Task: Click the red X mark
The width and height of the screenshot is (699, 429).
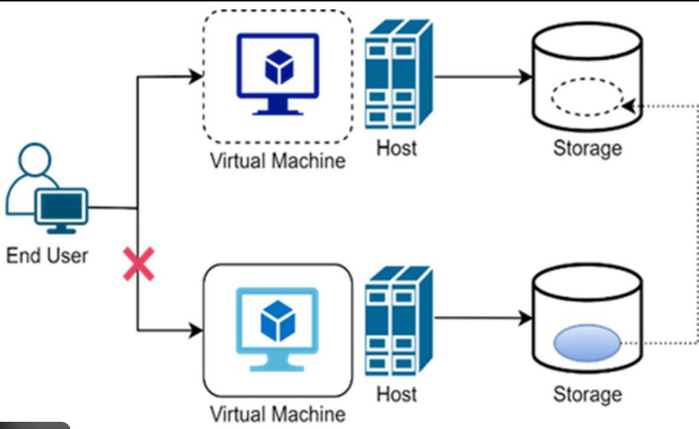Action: pos(139,264)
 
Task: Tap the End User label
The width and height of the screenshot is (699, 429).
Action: pos(47,255)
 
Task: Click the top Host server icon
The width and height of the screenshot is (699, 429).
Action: pos(398,73)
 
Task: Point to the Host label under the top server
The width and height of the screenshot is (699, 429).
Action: pos(397,148)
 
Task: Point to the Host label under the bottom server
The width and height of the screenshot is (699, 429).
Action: pos(397,394)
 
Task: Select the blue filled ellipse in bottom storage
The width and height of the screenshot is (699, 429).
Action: pos(587,344)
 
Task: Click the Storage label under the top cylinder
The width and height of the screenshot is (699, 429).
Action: pos(587,148)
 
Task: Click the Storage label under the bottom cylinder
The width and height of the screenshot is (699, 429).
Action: pos(587,394)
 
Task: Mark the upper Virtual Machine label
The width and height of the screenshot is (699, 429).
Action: pos(278,160)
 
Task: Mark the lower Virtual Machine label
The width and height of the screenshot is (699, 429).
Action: pos(278,415)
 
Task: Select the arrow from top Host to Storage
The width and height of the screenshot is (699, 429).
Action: pos(481,76)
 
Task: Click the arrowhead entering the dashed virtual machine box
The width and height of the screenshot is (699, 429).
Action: pos(194,75)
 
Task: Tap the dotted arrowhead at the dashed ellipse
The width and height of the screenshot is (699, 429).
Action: pos(627,106)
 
